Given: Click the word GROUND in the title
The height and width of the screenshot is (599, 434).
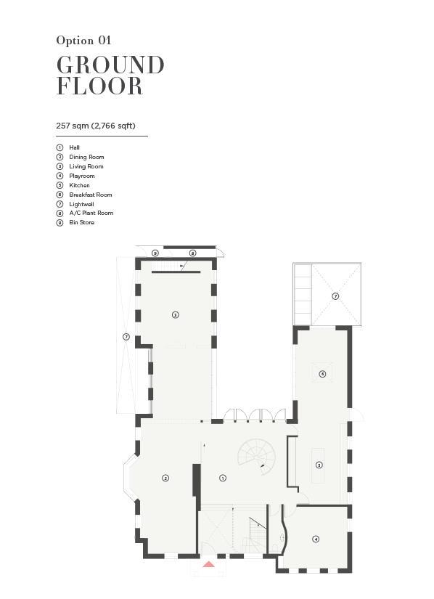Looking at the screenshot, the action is point(110,65).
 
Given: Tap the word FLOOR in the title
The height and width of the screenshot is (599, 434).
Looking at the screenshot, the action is point(99,86).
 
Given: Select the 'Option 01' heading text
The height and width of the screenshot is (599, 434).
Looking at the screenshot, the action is point(83,40).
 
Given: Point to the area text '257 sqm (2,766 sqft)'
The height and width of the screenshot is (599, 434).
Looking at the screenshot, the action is point(96,126).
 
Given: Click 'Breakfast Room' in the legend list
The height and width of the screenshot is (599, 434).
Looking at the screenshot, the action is point(91,195).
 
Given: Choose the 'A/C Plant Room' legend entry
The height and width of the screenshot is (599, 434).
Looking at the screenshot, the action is point(91,213).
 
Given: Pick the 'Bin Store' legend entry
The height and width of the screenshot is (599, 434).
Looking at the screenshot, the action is point(82,222).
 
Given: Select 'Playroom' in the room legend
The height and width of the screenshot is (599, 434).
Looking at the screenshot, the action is point(82,176).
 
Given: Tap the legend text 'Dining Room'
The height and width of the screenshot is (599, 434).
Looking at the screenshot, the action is point(86,157).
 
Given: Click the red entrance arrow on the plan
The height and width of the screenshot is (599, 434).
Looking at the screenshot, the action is point(208,564).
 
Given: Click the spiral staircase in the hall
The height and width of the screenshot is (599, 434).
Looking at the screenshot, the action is point(256,457).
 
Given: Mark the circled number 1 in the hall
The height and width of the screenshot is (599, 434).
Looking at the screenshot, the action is point(223,478).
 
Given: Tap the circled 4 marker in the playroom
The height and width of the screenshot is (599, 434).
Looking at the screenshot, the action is point(316,539).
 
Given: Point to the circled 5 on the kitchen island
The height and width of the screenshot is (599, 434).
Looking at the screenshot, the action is point(319,465).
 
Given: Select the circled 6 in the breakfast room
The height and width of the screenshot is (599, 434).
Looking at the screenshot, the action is point(322,374).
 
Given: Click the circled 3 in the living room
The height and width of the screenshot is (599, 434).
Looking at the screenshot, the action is point(175,315).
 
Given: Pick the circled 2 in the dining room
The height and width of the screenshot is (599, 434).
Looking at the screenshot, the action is point(165,478).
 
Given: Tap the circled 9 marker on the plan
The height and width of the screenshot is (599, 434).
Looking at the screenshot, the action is point(155,253).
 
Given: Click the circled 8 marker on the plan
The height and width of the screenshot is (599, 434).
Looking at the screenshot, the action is point(193,253).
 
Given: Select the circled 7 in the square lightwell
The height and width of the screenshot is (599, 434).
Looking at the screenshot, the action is point(335,296).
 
